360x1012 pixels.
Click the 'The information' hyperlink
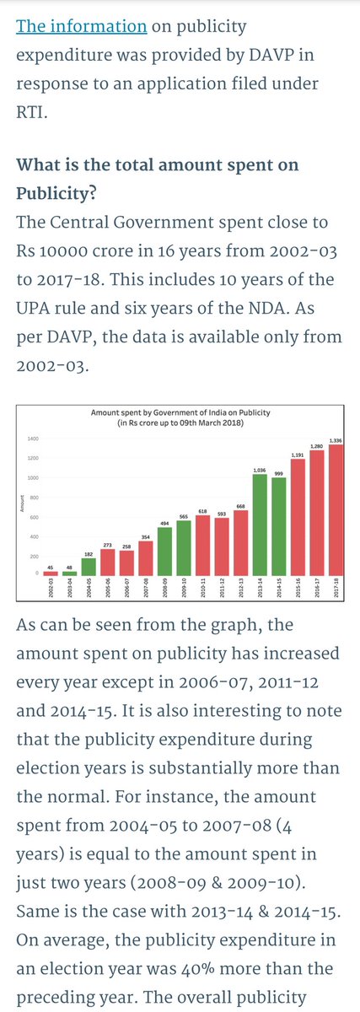click(x=82, y=26)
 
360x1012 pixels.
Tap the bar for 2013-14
click(x=260, y=525)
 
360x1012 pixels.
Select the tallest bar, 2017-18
click(x=336, y=510)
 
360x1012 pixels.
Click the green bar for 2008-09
click(x=165, y=552)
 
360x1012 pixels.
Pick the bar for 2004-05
click(x=89, y=567)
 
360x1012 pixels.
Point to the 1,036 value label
click(x=260, y=471)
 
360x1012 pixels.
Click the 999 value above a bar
click(x=279, y=473)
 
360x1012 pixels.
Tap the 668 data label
click(x=241, y=507)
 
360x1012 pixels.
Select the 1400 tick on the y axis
click(x=34, y=439)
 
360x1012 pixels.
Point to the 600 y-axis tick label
click(x=35, y=517)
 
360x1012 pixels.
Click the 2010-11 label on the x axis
click(x=203, y=588)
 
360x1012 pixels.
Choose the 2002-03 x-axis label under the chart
click(x=51, y=588)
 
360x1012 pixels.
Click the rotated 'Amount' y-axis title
click(x=21, y=503)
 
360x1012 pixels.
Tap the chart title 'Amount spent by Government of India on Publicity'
click(x=180, y=412)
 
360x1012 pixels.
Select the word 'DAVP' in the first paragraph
click(x=271, y=55)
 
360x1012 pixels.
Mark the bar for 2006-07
click(x=127, y=563)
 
